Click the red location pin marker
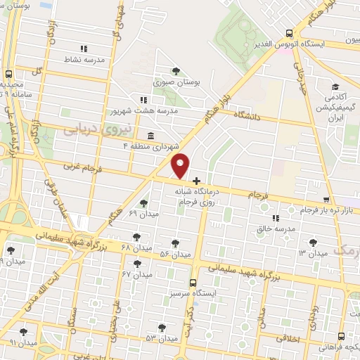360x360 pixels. click(181, 165)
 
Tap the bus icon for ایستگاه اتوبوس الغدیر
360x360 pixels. click(289, 32)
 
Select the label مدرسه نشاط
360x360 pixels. click(84, 60)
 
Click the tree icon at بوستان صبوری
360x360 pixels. click(175, 70)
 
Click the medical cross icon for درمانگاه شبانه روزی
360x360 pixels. click(196, 181)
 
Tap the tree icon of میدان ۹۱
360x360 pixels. click(23, 331)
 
